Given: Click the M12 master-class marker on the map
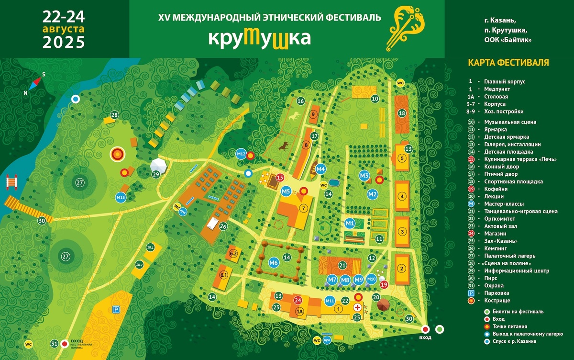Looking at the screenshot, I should click(241, 154).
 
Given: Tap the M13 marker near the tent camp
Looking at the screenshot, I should click(121, 197).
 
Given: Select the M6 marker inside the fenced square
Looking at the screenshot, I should click(274, 262).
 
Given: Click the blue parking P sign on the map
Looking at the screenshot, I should click(115, 310).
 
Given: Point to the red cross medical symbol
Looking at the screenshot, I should click(357, 307).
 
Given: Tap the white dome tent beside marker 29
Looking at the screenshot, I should click(159, 166).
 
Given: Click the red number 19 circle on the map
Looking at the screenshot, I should click(384, 284).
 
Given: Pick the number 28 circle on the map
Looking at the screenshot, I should click(114, 115).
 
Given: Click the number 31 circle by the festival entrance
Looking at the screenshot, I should click(55, 343).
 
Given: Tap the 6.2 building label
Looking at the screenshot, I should click(234, 253).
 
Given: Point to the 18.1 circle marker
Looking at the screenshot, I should click(150, 247).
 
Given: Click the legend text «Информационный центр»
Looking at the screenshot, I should click(509, 270).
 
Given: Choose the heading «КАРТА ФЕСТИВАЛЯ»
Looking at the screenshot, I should click(508, 63).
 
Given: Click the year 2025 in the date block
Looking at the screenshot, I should click(64, 42).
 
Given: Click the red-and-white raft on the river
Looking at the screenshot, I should click(11, 182).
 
